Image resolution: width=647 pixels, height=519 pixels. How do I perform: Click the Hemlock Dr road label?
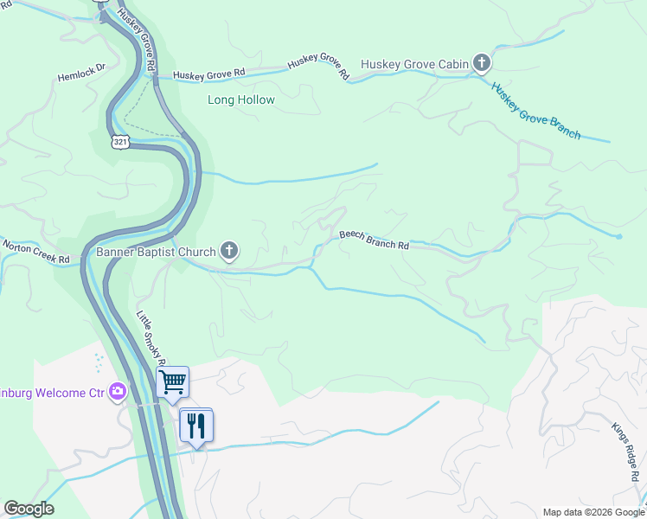[x=81, y=71]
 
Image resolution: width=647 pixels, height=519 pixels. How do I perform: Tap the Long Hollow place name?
[x=241, y=100]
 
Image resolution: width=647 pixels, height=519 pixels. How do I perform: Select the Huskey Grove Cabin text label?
[x=414, y=63]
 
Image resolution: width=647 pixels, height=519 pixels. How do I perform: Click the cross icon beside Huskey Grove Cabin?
[x=482, y=62]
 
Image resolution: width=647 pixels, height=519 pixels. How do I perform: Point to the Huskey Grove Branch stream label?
[x=535, y=110]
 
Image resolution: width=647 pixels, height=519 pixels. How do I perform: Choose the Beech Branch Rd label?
[x=374, y=240]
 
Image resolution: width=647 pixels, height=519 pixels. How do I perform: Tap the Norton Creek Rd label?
[x=35, y=252]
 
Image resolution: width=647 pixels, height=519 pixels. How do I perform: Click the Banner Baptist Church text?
[x=155, y=253]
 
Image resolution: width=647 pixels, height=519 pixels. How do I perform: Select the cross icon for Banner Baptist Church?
[x=229, y=252]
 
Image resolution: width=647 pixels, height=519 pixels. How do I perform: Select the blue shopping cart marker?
[x=173, y=381]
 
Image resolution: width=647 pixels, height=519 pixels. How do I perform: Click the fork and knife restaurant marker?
[x=196, y=426]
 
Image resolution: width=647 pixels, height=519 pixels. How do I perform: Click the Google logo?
[x=29, y=509]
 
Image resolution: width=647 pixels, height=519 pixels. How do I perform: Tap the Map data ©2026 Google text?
[x=593, y=512]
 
